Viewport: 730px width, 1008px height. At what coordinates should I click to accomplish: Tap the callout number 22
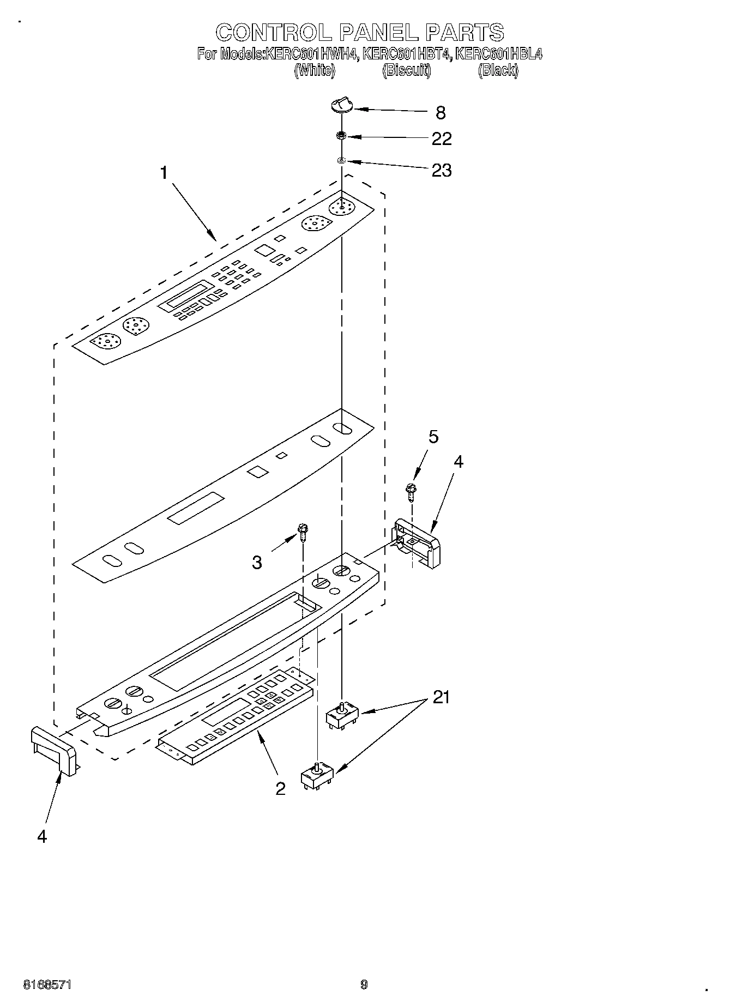tap(441, 138)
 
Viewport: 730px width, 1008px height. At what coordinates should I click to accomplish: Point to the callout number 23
tap(441, 170)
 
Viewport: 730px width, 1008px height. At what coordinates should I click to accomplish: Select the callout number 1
tap(164, 173)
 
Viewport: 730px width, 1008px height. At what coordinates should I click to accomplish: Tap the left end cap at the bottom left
tap(53, 751)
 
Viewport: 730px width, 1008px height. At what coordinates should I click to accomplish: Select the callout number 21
tap(441, 697)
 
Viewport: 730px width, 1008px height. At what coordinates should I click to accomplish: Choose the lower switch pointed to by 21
tap(317, 776)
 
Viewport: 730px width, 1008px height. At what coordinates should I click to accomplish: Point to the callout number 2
tap(280, 788)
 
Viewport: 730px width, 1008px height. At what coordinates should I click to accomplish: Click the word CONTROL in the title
tap(273, 32)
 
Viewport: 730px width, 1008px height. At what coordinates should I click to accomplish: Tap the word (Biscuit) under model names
tap(407, 70)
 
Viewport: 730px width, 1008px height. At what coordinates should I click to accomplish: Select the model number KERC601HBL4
tap(498, 54)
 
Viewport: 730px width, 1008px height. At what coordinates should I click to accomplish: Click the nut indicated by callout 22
tap(341, 135)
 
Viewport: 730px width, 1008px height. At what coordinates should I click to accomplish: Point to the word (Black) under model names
tap(498, 70)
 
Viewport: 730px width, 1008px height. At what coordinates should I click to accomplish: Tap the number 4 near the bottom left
tap(42, 836)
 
